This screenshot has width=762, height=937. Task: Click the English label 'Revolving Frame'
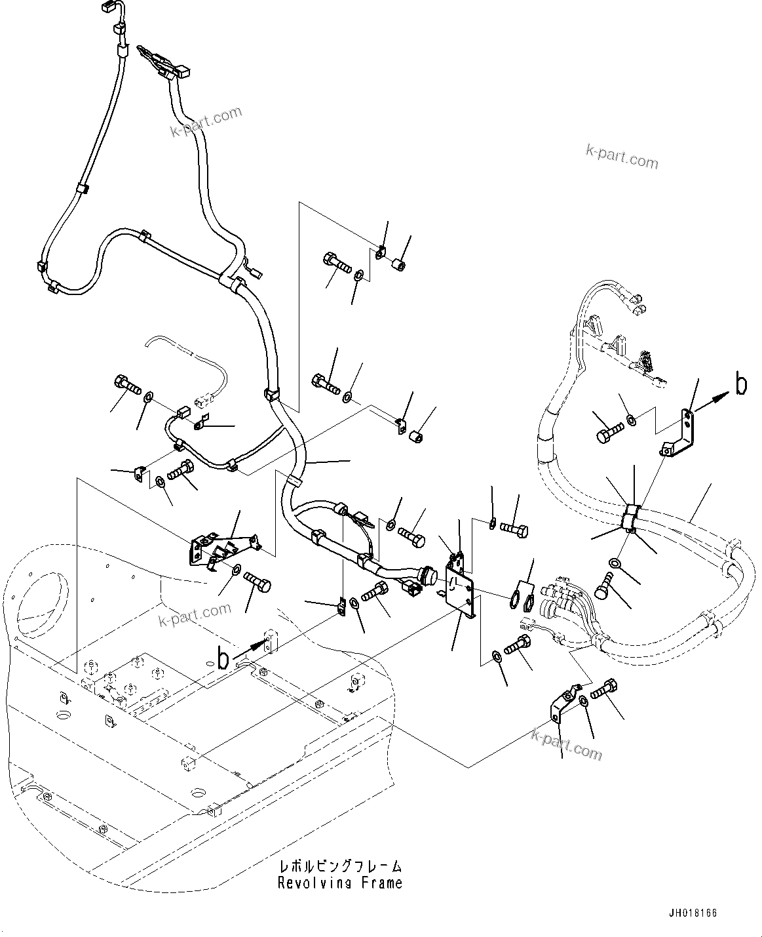pos(339,883)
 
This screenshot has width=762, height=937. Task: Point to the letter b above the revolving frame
pos(223,658)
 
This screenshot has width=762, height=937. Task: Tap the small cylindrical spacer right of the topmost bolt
pos(398,266)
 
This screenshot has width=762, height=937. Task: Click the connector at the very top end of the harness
pos(108,9)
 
